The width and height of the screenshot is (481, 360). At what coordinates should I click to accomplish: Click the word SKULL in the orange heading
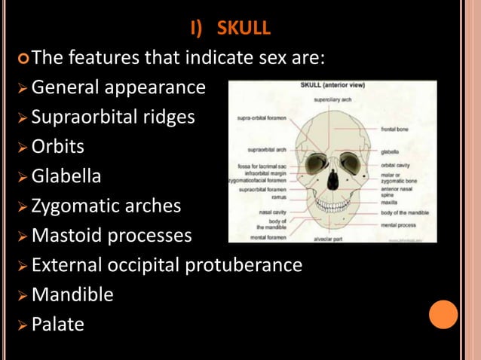coord(244,29)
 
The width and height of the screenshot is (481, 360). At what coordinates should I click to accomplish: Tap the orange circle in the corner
coord(444,314)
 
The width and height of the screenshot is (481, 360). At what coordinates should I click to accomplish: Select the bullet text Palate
coord(58,324)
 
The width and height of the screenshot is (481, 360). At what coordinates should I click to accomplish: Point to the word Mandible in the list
coord(72,294)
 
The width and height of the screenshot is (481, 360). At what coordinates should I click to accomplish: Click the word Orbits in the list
coord(58,146)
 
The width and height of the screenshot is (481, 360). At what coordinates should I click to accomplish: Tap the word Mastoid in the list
coord(67,236)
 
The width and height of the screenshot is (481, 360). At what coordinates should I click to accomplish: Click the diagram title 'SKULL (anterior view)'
coord(332,85)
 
